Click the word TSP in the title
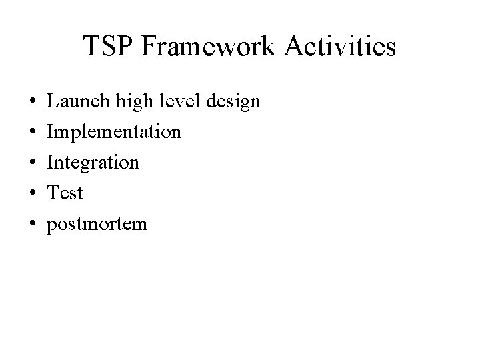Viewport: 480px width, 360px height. [x=107, y=47]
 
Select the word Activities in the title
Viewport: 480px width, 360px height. [x=341, y=47]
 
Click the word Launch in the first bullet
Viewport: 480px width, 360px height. [x=73, y=101]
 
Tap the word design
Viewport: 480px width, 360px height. [x=234, y=101]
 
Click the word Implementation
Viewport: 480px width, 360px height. [x=113, y=132]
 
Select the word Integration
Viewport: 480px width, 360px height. [x=93, y=163]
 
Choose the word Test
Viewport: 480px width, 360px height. [x=65, y=193]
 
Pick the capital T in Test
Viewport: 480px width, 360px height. [x=52, y=193]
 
